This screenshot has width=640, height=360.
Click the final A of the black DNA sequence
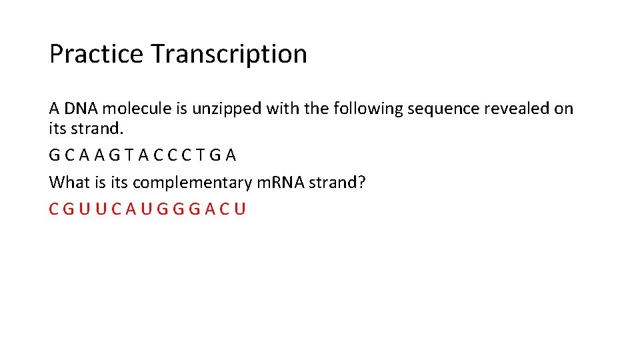tap(231, 155)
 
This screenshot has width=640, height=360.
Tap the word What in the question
tap(69, 182)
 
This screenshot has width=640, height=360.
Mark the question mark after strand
tap(362, 182)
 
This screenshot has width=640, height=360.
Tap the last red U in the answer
tap(240, 209)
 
